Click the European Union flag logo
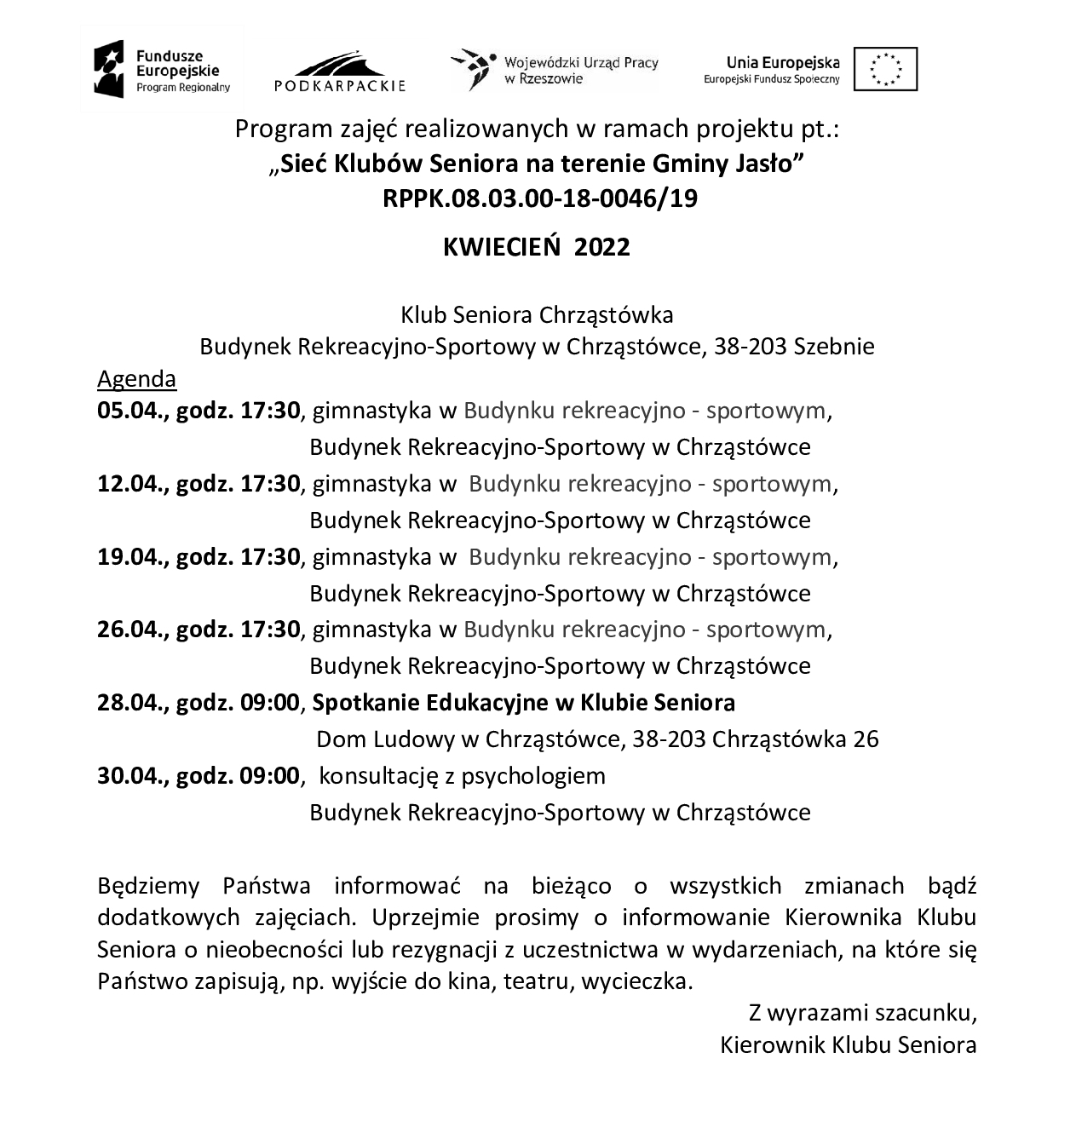(x=885, y=68)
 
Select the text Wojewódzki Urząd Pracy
(x=581, y=62)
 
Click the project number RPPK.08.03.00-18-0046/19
(x=539, y=198)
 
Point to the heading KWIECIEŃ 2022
(x=537, y=247)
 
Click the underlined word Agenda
(x=137, y=378)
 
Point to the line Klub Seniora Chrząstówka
(x=537, y=315)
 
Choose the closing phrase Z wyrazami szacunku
(x=862, y=1014)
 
